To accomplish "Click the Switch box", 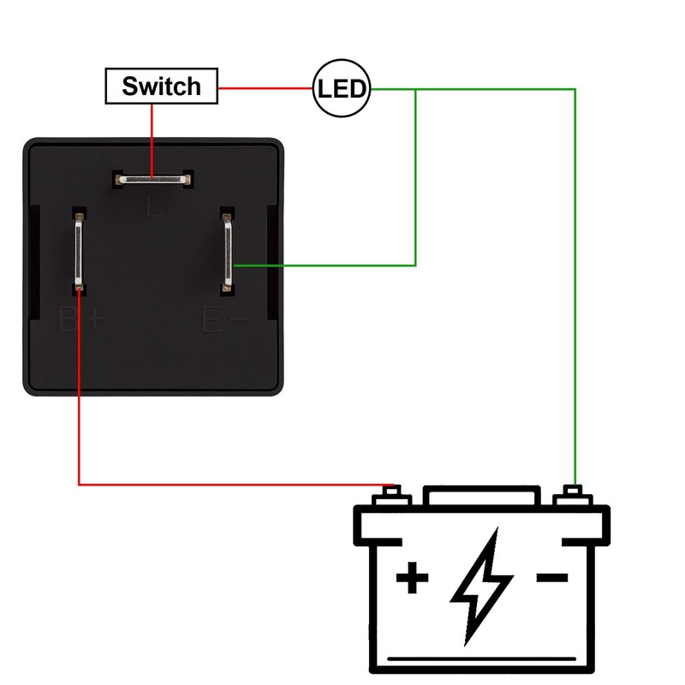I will click(x=161, y=86).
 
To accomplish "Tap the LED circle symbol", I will click(x=342, y=87).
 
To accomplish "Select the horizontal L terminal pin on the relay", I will click(x=152, y=180).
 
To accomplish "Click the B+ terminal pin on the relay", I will click(x=79, y=253).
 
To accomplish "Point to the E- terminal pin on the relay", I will click(x=228, y=253).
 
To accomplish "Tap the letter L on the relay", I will click(x=153, y=206).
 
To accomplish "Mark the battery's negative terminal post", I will click(x=573, y=495).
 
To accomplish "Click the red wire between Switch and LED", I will click(x=265, y=87).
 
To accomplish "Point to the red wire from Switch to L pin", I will click(x=152, y=137).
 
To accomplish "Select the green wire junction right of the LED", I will click(x=416, y=88).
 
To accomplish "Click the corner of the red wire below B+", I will click(x=79, y=485).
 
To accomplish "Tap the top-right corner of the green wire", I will click(x=575, y=88).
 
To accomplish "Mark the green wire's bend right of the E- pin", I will click(x=416, y=265).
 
